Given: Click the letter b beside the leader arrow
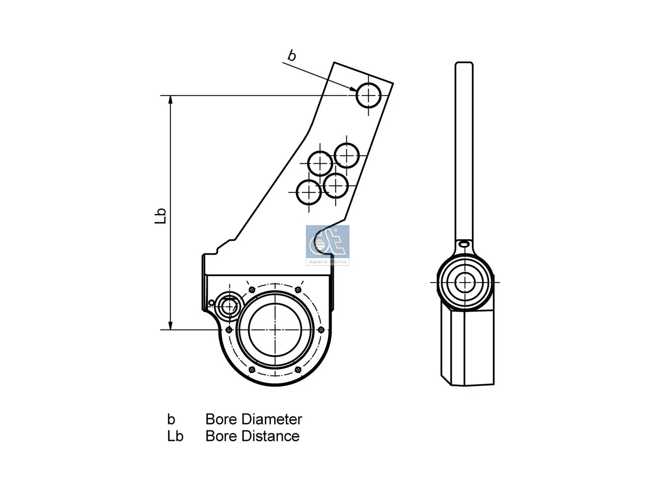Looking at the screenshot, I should click(291, 55).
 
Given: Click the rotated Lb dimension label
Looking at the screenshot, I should click(160, 216).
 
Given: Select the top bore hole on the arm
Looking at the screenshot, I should click(368, 95).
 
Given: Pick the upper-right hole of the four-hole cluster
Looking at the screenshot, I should click(347, 155).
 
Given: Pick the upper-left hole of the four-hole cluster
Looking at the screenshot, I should click(320, 163).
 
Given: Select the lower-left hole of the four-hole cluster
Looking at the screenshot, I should click(309, 192).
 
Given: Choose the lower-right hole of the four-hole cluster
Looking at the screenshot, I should click(336, 185).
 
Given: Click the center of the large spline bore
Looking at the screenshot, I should click(275, 330).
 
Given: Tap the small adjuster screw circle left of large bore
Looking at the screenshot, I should click(229, 306).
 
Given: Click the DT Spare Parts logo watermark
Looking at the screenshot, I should click(327, 245).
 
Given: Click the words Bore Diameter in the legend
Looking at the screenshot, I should click(253, 419).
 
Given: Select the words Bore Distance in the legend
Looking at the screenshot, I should click(252, 436).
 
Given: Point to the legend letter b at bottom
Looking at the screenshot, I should click(171, 419).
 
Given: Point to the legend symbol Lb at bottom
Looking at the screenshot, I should click(175, 436).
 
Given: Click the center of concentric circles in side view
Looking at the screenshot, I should click(465, 282).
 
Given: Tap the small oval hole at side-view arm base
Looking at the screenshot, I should click(464, 244).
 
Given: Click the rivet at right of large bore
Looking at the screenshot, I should click(321, 330).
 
